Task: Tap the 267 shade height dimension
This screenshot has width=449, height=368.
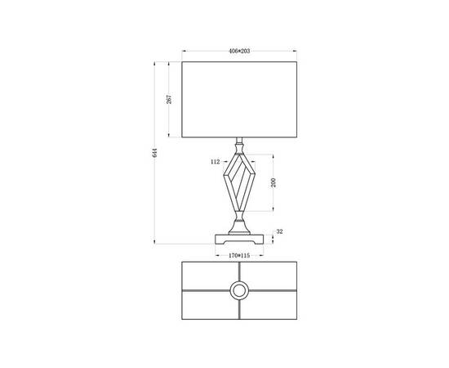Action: (x=168, y=99)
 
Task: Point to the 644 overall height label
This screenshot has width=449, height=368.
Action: (x=153, y=153)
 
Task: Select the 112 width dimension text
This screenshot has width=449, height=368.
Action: (x=216, y=163)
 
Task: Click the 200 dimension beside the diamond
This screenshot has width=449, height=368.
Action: (x=273, y=182)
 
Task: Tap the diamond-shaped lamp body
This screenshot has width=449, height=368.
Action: (x=240, y=182)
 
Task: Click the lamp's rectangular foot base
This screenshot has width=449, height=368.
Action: (x=240, y=240)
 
